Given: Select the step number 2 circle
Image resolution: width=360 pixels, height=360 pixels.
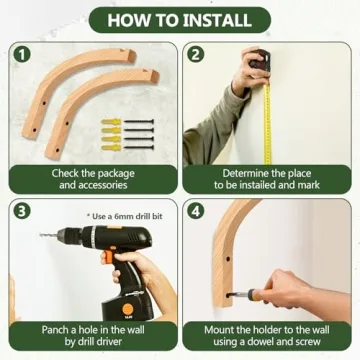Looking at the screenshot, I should coord(196,55).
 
